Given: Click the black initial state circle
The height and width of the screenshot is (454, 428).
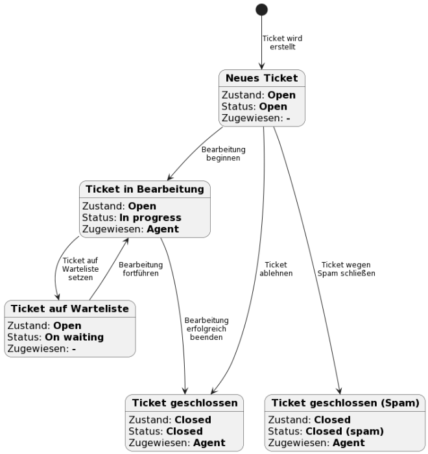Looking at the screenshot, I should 261,9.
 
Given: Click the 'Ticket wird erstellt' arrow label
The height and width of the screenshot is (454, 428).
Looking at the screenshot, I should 282,43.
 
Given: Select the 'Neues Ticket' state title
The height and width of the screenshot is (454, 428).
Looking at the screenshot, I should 261,78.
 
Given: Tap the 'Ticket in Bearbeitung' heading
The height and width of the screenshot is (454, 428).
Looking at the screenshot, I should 145,189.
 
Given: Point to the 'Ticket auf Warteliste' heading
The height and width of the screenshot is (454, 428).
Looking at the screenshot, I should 70,308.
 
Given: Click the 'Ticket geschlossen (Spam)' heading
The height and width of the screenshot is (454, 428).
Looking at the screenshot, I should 345,403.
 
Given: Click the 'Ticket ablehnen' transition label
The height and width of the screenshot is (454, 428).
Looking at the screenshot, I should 276,269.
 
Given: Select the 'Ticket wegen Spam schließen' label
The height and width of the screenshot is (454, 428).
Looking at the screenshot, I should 346,269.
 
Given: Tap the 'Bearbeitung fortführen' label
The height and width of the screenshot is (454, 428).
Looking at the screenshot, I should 141,269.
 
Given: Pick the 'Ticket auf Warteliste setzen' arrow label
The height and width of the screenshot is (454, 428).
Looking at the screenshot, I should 76,269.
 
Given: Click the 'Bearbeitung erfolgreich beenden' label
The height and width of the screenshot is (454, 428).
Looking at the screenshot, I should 206,328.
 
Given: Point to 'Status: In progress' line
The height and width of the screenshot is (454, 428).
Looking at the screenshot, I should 132,217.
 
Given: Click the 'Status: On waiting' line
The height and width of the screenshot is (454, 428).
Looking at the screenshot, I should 55,337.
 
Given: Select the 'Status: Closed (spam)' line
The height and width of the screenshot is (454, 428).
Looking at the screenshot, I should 326,431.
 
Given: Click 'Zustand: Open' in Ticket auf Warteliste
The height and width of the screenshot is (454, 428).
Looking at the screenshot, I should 44,326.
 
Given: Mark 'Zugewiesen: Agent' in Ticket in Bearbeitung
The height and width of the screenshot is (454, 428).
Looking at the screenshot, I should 130,229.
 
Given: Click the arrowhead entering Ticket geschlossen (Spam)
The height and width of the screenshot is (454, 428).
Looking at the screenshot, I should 339,390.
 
